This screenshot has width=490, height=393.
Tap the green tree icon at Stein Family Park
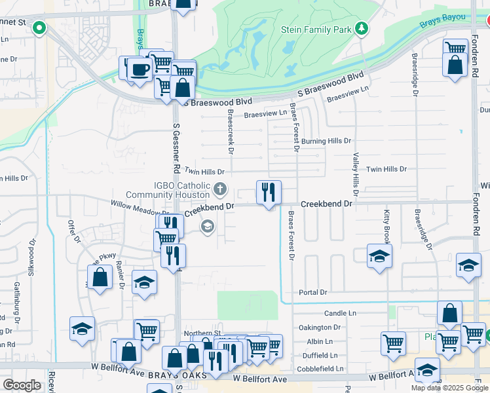click(361, 28)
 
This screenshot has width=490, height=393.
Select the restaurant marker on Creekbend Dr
click(268, 193)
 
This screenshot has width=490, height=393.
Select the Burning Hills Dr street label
click(326, 141)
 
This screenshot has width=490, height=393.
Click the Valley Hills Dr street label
click(356, 175)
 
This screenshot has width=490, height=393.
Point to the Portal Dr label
click(312, 292)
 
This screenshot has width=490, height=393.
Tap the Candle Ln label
click(339, 314)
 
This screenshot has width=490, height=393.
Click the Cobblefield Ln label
click(321, 369)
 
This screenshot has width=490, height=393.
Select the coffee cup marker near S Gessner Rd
click(138, 69)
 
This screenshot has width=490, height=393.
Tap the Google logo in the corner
click(22, 385)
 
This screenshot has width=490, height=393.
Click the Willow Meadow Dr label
click(140, 208)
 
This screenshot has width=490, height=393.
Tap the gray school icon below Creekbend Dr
click(208, 227)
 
